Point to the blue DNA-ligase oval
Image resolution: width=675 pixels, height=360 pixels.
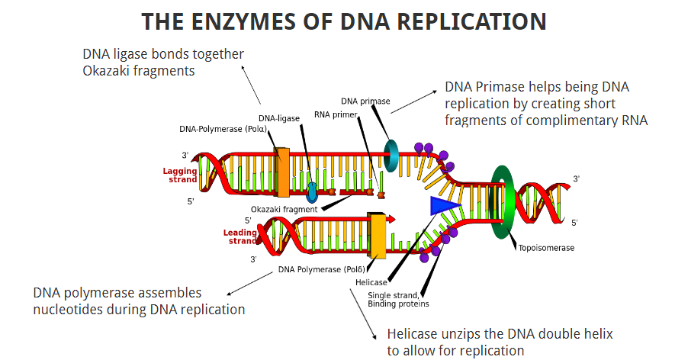tap(312, 188)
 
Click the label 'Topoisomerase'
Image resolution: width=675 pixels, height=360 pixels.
tap(546, 248)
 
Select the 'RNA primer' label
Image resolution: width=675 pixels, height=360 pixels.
tap(336, 115)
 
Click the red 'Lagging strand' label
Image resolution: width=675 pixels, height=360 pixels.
tap(180, 175)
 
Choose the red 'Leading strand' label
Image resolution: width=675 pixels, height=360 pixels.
tap(240, 237)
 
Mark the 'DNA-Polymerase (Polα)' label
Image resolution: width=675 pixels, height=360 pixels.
tap(223, 128)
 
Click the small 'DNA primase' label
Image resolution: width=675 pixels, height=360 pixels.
tap(365, 101)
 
